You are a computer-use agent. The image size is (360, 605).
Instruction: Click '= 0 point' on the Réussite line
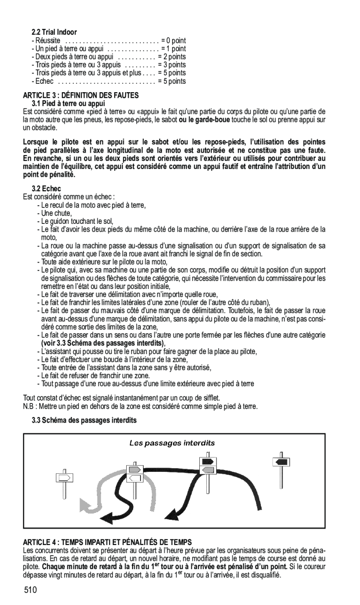[173, 41]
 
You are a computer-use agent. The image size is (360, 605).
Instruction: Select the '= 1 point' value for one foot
[173, 49]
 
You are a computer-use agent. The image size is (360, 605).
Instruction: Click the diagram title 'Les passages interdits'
[172, 443]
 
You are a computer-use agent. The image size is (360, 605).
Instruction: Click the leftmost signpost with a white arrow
[64, 477]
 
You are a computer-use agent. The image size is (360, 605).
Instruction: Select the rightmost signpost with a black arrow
[281, 461]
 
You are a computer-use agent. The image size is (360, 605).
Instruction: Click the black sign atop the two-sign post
[208, 461]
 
